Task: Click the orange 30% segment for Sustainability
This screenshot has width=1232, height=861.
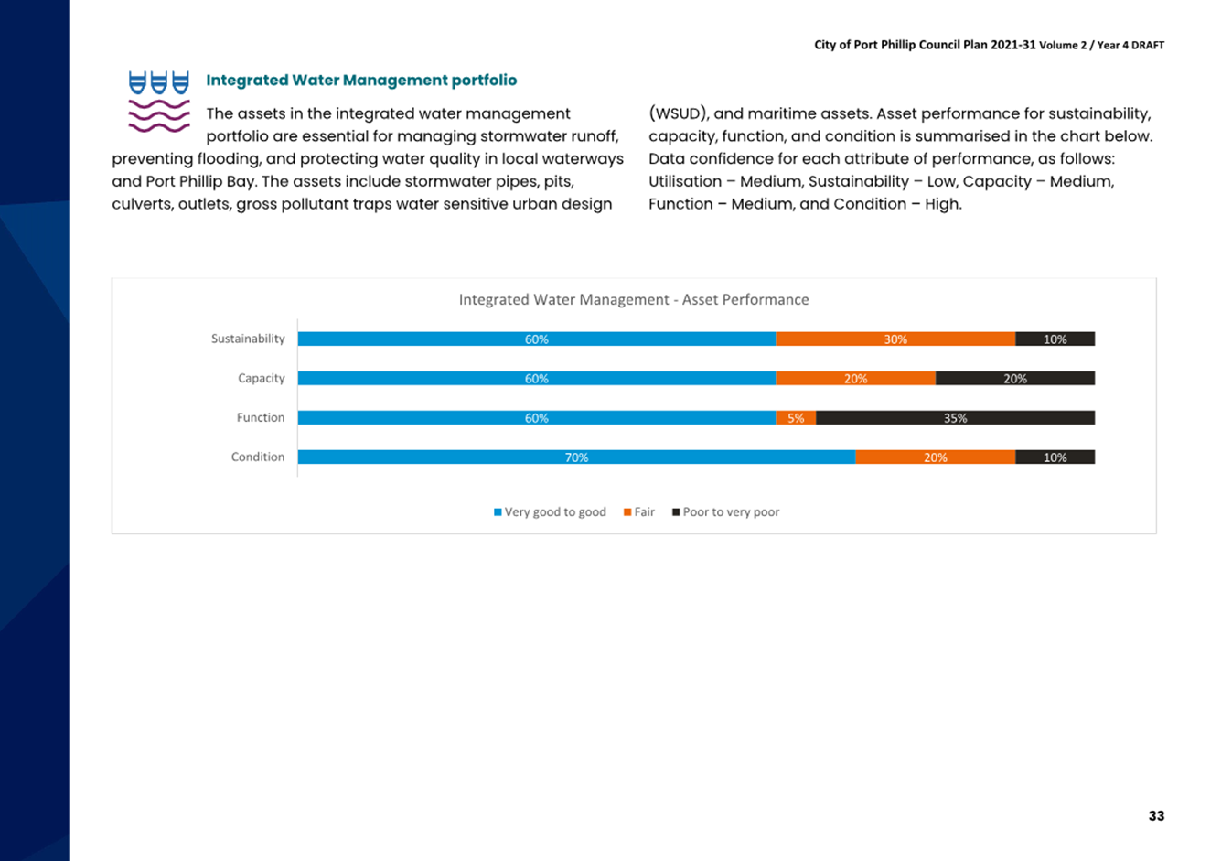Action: click(895, 339)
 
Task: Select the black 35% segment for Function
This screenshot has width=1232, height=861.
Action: click(956, 418)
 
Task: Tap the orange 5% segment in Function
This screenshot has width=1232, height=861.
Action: click(796, 418)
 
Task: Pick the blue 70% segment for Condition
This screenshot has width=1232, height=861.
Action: click(576, 457)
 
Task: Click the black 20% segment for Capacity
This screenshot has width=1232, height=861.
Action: click(1015, 379)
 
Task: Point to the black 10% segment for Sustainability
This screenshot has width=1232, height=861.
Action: click(1055, 339)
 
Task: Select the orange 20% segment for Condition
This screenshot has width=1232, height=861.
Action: click(936, 457)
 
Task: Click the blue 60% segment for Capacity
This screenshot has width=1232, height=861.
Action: click(537, 379)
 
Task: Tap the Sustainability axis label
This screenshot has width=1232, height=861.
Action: click(248, 339)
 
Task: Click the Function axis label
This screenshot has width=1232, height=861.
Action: click(261, 417)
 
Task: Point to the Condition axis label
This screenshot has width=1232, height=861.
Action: click(258, 457)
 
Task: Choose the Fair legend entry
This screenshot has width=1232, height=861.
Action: click(639, 512)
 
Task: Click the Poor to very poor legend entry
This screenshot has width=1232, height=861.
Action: click(726, 512)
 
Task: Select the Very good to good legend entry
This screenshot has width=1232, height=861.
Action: click(550, 512)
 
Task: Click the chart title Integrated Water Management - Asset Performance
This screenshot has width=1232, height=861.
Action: click(634, 300)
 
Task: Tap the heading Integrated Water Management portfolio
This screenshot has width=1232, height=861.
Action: click(361, 81)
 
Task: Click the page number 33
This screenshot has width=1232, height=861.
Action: click(1156, 816)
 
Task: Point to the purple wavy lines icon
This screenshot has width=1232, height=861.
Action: click(159, 115)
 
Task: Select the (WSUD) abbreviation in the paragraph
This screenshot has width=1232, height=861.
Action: click(678, 113)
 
